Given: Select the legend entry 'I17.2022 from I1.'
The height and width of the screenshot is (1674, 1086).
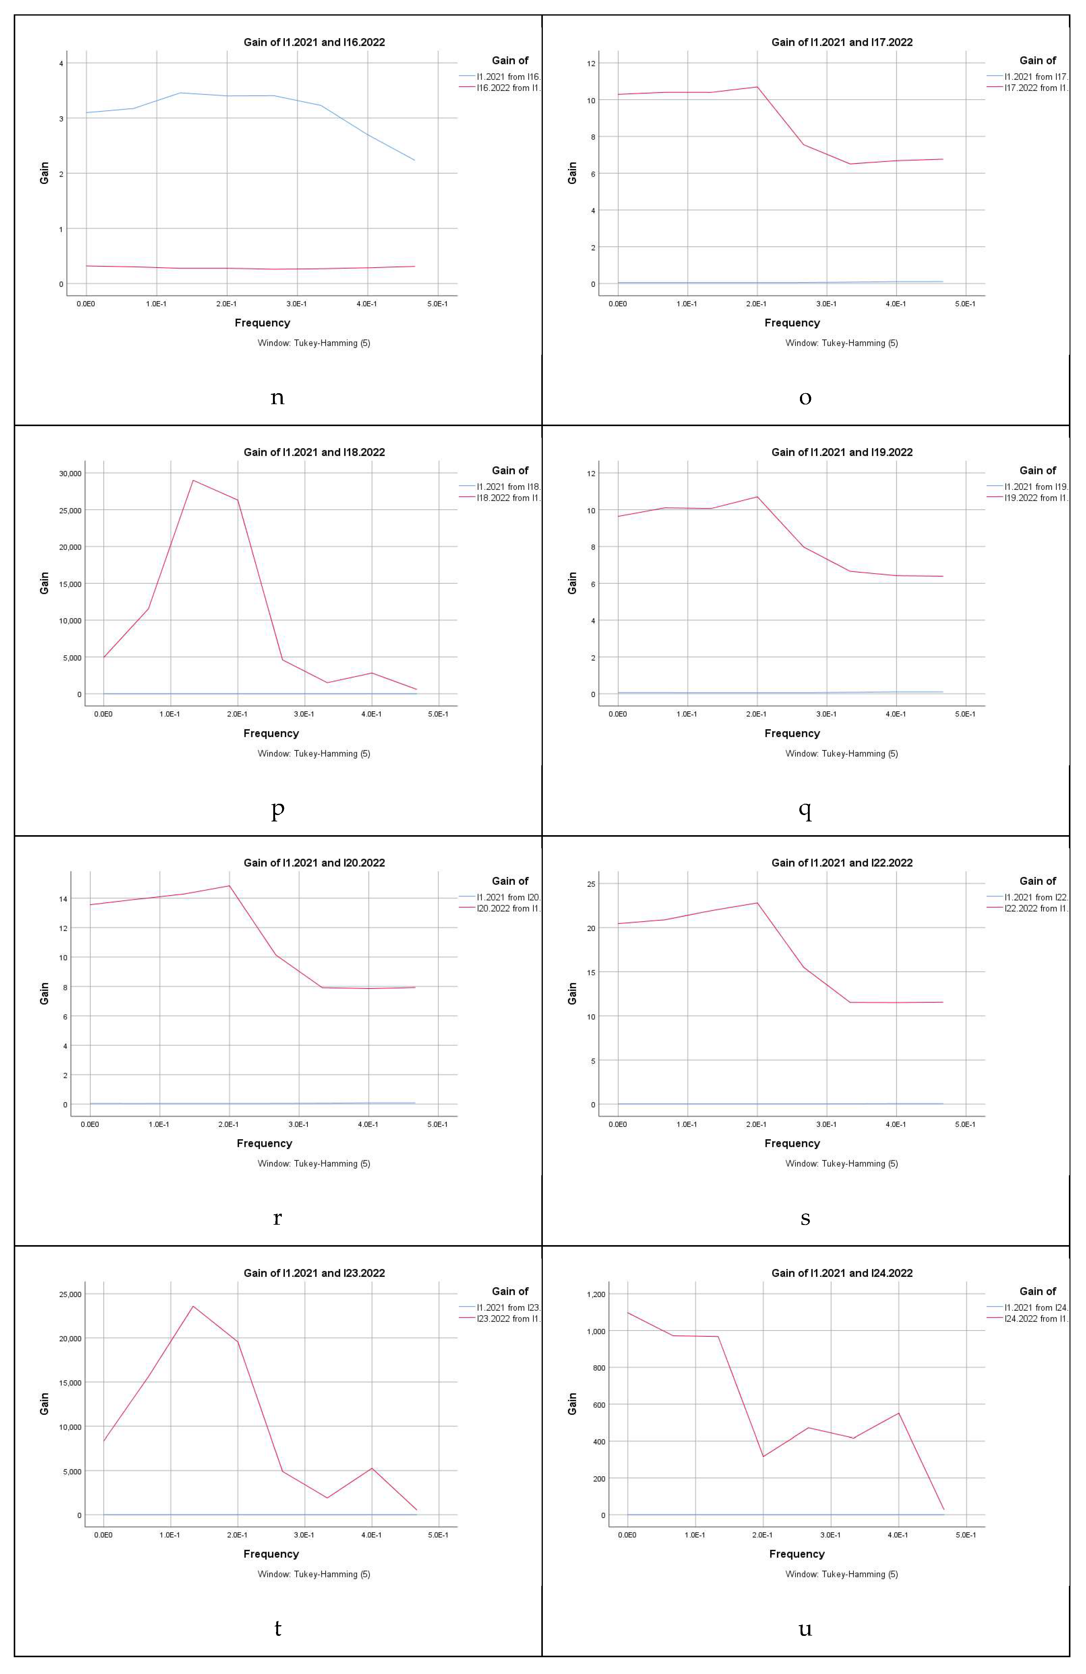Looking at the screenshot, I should [x=1035, y=88].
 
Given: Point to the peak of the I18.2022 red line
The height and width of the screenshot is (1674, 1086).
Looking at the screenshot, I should [x=193, y=480].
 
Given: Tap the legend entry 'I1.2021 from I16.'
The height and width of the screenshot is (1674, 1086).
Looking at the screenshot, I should [x=508, y=77].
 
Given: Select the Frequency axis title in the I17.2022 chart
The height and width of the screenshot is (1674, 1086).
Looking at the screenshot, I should [x=792, y=323].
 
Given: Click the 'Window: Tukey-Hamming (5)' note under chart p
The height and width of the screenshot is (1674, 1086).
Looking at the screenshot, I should [x=314, y=753].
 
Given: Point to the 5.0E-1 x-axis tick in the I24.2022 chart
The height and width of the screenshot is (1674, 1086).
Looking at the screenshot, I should [x=965, y=1535].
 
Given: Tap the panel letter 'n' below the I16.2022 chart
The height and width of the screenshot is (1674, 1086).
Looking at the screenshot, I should [x=278, y=398].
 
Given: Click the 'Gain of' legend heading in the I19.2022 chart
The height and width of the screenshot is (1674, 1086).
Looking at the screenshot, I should [x=1038, y=471].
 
